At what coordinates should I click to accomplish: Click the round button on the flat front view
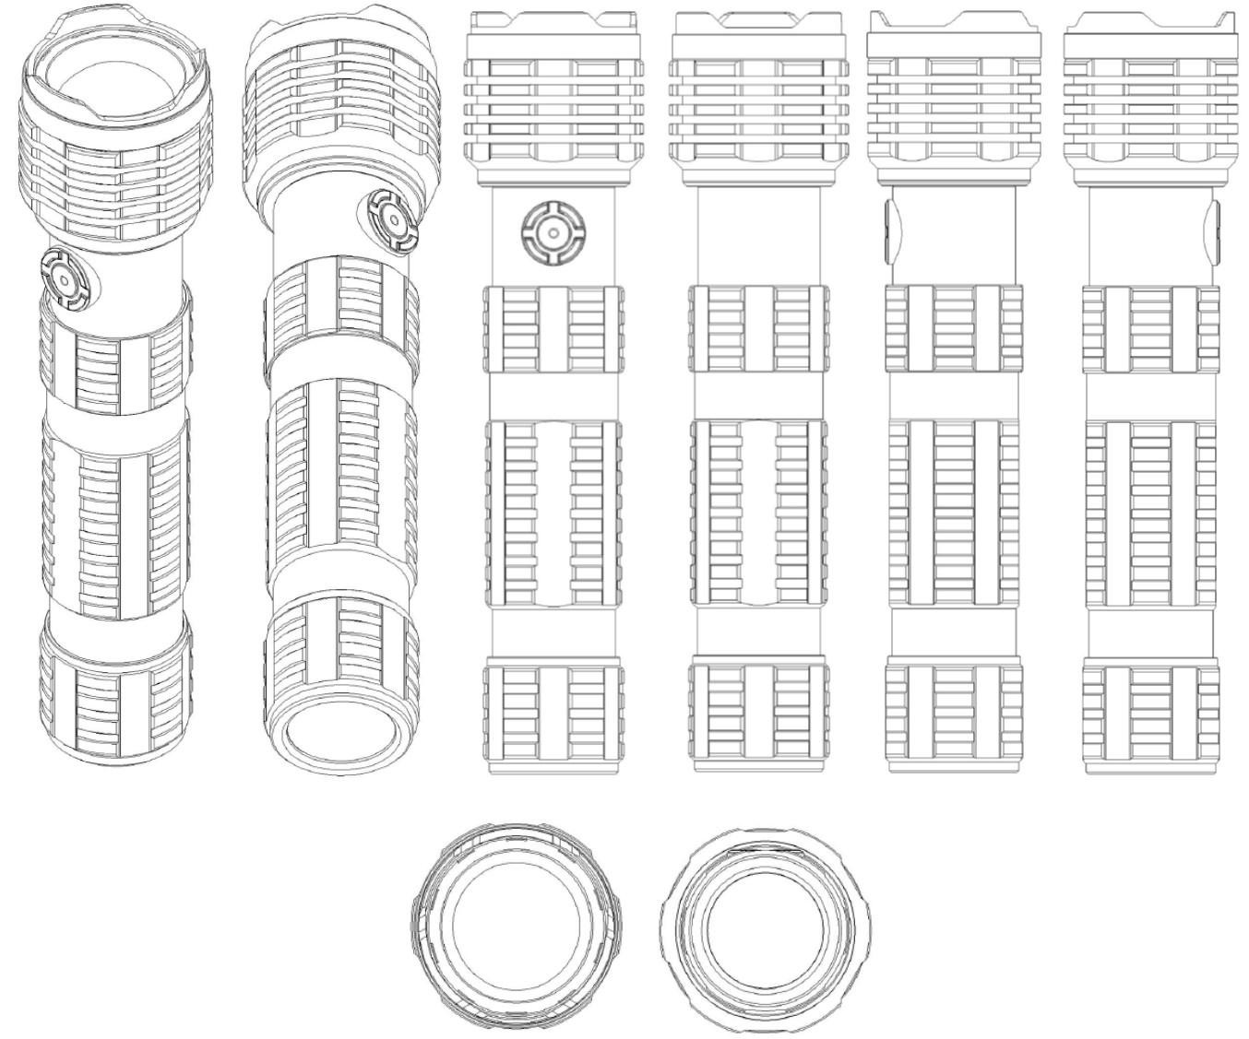552,233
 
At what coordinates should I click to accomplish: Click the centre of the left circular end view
517,925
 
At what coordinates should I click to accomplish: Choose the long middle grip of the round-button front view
552,512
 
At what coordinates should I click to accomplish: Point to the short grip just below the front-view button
552,329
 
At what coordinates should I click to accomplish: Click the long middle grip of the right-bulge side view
1150,512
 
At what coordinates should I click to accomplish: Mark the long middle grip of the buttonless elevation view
756,512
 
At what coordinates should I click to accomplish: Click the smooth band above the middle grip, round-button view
552,396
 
